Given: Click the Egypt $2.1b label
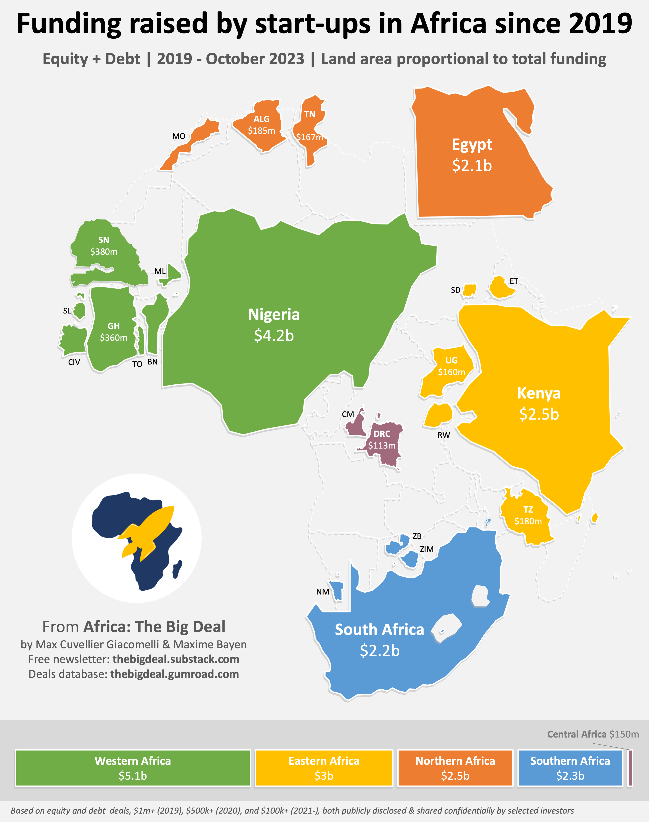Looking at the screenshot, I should pos(472,155).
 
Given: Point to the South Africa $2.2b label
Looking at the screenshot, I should pos(379,640).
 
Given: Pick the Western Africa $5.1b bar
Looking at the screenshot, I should pos(133,768).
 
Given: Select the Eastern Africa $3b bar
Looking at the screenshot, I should pos(324,768).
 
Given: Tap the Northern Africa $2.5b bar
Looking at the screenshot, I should pos(455,768).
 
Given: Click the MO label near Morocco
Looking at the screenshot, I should pos(179,136).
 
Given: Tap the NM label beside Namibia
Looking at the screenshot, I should pos(323,592).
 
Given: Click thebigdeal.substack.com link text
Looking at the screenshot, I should pos(175,659).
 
